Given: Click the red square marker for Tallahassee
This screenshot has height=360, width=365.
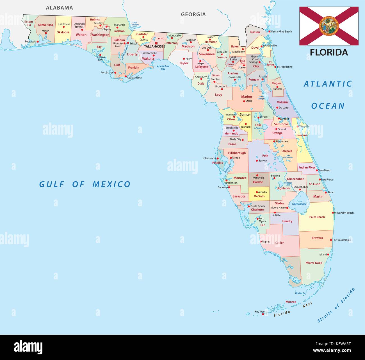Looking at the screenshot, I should tap(156, 43).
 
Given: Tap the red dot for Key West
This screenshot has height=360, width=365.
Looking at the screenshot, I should tap(263, 314).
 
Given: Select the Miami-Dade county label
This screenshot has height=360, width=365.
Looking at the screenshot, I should tap(314, 263).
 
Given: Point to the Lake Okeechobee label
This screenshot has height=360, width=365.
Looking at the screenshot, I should tap(299, 203).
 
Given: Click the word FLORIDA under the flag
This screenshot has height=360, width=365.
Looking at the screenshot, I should tap(329, 52).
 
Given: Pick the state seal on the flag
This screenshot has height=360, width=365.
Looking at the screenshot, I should tap(329, 26).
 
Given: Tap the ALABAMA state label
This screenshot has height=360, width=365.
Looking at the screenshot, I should tap(60, 8).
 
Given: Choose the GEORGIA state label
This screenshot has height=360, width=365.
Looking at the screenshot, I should tap(193, 14).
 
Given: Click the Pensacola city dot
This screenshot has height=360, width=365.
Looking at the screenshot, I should tap(38, 42).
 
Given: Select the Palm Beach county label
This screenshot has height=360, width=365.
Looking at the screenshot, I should tap(317, 217).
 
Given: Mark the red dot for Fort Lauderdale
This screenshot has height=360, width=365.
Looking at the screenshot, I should tap(331, 240).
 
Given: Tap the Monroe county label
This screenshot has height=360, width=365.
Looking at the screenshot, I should tap(291, 302).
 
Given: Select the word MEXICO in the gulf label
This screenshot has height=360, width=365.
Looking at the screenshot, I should tap(111, 184).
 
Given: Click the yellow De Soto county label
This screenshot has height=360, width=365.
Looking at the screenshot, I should tap(259, 196).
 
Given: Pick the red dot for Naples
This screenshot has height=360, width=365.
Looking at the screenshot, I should tap(261, 241).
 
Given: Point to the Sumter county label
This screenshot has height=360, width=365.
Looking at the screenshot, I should tap(245, 115).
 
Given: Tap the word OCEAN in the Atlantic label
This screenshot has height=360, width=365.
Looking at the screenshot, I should tap(328, 106).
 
